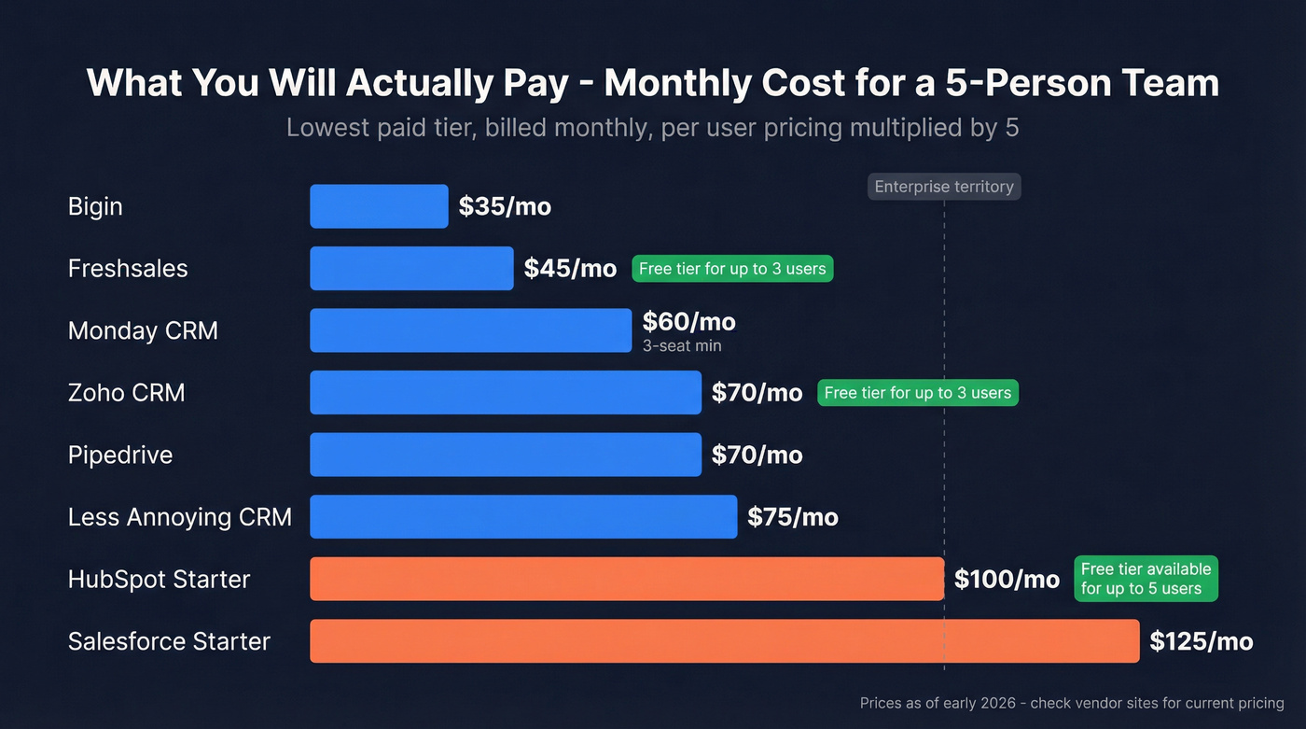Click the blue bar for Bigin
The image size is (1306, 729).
click(379, 206)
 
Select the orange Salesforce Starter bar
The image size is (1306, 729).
click(724, 641)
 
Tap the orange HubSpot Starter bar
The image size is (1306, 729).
click(626, 579)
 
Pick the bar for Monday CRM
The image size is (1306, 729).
click(470, 330)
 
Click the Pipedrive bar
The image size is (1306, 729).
click(505, 455)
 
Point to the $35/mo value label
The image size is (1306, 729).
click(505, 206)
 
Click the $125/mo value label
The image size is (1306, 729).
click(1201, 641)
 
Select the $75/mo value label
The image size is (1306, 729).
click(792, 517)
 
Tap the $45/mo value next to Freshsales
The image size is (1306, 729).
click(570, 269)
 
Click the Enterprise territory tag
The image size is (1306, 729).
click(944, 187)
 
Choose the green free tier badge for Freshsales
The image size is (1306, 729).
click(732, 269)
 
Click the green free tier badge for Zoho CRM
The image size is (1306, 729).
click(918, 393)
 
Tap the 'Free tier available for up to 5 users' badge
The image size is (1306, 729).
click(1146, 579)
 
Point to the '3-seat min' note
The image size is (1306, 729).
click(682, 346)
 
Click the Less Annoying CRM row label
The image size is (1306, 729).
click(180, 517)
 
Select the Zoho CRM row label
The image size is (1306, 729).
click(127, 393)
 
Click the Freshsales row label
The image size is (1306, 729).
click(128, 269)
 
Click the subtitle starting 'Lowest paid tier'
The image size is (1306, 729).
click(652, 127)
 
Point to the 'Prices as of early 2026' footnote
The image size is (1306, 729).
click(1071, 703)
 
